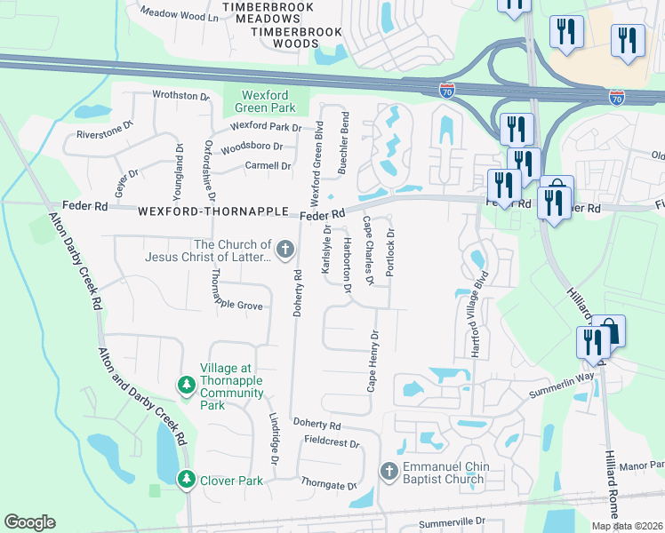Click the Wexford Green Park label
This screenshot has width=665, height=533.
268,102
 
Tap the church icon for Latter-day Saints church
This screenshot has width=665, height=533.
285,250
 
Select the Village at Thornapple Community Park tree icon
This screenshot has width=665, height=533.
186,385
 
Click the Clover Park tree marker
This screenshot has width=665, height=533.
186,480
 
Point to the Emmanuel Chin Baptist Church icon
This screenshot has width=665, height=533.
389,471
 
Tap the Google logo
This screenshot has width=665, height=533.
29,522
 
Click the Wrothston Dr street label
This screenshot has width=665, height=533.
180,96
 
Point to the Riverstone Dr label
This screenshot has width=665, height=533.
104,136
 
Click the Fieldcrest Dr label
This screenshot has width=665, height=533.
331,442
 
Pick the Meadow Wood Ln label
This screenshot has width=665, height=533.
180,16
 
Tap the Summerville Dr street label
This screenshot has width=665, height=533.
453,521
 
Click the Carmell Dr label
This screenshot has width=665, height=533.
268,165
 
